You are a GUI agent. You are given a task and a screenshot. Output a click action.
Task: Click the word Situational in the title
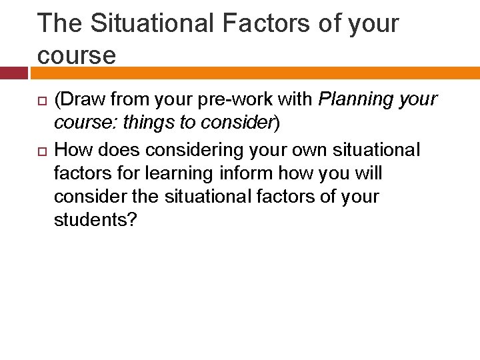(x=148, y=23)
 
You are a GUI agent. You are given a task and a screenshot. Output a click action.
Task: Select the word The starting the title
(x=61, y=23)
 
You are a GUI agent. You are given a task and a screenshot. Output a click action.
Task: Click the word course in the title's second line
(x=76, y=55)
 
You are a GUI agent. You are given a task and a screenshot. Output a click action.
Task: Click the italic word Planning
(x=355, y=100)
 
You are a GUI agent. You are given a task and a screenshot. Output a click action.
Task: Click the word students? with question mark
(x=95, y=220)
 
